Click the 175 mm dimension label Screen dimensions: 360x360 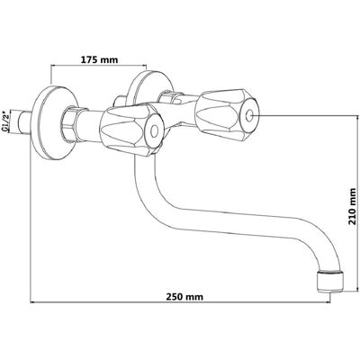tap(100, 59)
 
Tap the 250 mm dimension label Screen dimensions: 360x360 tap(184, 297)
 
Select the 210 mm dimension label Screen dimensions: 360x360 tap(353, 207)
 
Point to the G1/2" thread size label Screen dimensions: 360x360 tap(5, 121)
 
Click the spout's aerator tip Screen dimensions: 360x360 tap(330, 282)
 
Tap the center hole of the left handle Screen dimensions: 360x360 tap(154, 131)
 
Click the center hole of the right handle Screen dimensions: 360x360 tap(250, 116)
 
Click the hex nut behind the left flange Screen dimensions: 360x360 tap(69, 123)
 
